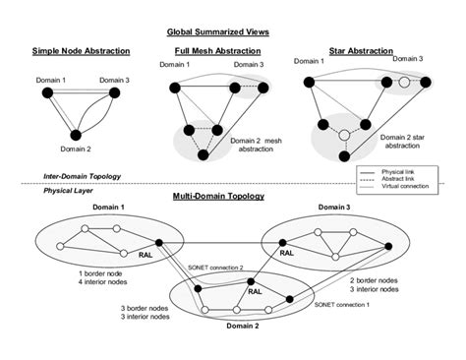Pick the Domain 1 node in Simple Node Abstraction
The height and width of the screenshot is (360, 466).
pos(45,93)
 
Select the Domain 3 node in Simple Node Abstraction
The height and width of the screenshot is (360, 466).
pos(114,93)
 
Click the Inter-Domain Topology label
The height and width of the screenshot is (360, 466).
pos(82,176)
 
